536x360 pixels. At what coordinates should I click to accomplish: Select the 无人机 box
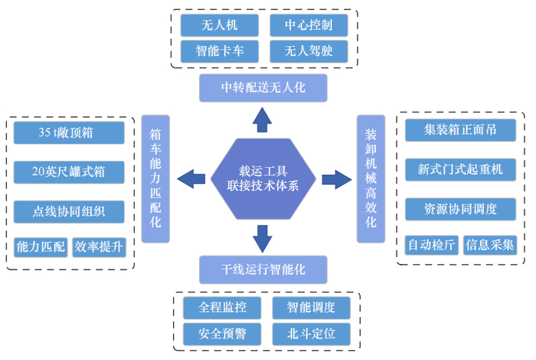[219, 25]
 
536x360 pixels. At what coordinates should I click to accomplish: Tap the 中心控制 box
[309, 25]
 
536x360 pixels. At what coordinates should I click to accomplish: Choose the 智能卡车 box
[219, 52]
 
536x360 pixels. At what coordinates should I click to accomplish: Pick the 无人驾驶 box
[309, 52]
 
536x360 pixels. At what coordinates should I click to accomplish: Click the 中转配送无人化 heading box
[263, 87]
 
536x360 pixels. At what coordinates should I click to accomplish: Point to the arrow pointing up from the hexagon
[263, 119]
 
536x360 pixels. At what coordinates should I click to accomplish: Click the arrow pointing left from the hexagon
[191, 179]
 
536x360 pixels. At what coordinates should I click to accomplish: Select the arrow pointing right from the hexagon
[335, 179]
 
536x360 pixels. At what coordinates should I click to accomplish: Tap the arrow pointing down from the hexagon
[263, 238]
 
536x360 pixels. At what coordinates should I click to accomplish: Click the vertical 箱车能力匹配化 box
[155, 178]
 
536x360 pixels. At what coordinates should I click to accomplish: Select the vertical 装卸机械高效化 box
[371, 178]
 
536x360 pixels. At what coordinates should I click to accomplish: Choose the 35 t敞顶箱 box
[69, 133]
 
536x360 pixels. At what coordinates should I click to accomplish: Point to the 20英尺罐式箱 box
[69, 172]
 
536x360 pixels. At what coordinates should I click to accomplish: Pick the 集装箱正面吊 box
[460, 130]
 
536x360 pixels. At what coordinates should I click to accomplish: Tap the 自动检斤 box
[430, 244]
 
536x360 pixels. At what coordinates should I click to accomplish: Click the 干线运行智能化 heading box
[263, 270]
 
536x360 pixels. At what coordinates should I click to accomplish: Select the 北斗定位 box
[312, 334]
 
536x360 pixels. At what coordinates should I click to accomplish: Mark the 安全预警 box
[222, 334]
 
